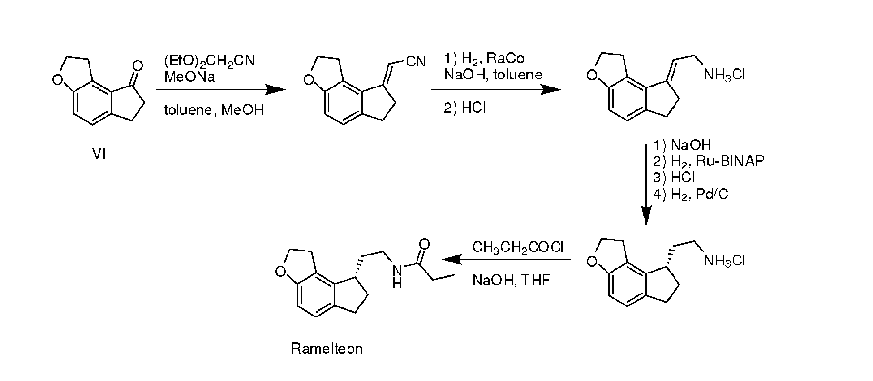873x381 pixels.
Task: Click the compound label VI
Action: (x=99, y=155)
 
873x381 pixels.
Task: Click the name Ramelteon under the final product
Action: (x=327, y=349)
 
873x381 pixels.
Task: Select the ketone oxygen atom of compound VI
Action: (x=138, y=66)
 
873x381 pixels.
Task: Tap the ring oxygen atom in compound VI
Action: (x=57, y=80)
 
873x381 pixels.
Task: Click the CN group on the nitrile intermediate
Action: (x=416, y=61)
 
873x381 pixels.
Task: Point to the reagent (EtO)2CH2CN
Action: (x=210, y=61)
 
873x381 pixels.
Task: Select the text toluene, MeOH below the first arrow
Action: (x=214, y=109)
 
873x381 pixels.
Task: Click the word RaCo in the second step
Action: (x=506, y=58)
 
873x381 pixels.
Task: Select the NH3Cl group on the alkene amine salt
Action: (x=724, y=74)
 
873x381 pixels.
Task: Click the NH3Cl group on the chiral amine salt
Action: (x=724, y=260)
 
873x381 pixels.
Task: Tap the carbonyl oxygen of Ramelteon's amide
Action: (x=424, y=244)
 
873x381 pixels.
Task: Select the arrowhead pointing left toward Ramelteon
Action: (x=452, y=260)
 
